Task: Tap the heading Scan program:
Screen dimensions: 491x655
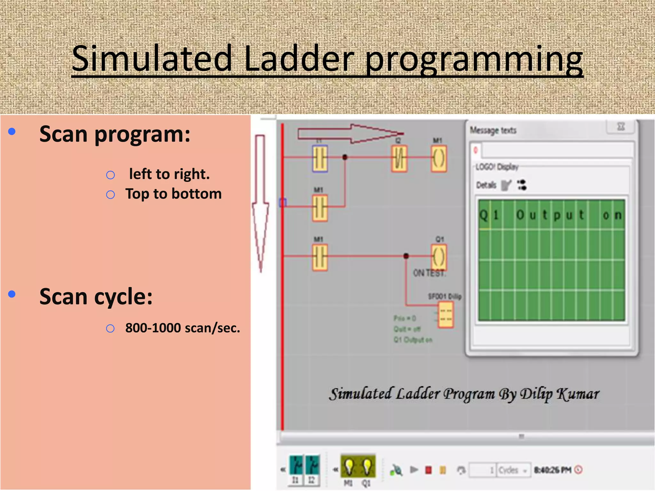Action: click(115, 134)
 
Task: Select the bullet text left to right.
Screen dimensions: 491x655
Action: click(169, 174)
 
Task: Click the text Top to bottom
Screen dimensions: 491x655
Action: click(173, 194)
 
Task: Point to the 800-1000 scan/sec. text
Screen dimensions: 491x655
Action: click(182, 328)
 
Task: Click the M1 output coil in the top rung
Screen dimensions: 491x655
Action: click(438, 159)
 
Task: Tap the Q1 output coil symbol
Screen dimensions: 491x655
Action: click(438, 257)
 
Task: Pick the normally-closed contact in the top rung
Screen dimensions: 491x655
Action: click(399, 159)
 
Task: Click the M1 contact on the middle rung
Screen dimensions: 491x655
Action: click(320, 208)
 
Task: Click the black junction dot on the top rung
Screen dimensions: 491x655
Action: click(345, 157)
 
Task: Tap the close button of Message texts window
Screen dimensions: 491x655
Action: click(621, 127)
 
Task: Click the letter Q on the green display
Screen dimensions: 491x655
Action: click(484, 215)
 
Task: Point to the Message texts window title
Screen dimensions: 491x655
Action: click(493, 130)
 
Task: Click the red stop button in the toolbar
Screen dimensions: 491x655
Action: click(429, 470)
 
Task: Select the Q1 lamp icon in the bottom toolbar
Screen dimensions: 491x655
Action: click(367, 467)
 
